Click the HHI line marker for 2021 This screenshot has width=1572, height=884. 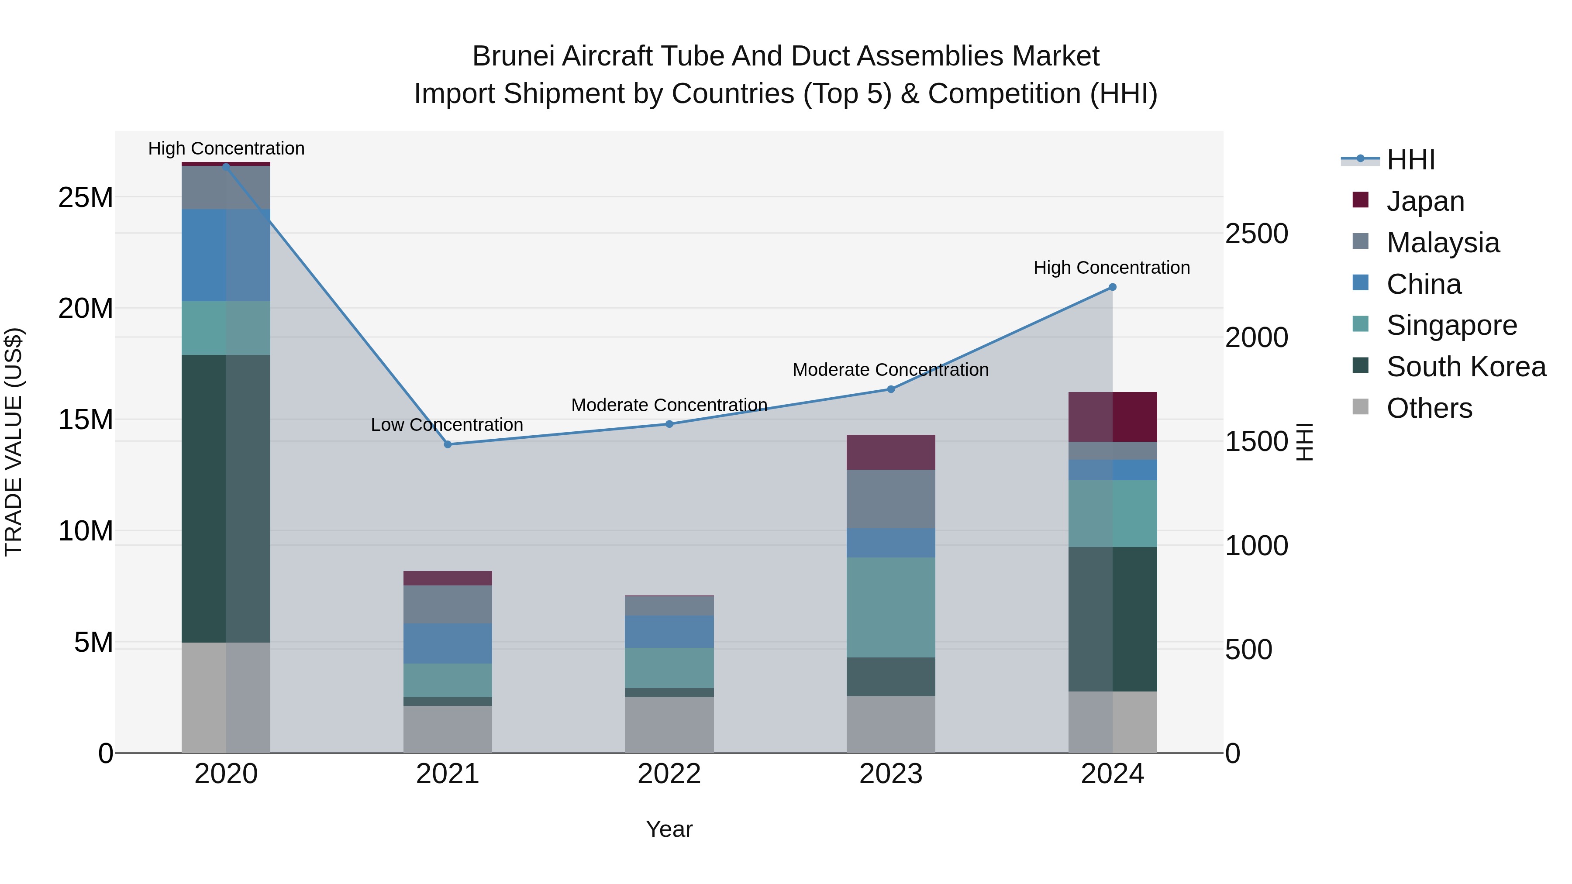point(447,444)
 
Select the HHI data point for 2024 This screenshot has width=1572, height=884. point(1112,287)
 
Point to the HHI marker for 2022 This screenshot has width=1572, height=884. point(669,424)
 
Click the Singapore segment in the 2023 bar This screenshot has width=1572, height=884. point(890,607)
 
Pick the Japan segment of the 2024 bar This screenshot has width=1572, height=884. point(1112,417)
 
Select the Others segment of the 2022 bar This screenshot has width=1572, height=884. point(669,725)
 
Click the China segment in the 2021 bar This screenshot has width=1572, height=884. point(447,643)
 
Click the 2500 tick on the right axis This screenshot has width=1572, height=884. point(1256,234)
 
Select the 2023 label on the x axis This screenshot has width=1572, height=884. point(890,774)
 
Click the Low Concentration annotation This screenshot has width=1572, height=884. point(447,425)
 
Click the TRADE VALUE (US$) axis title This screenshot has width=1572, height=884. point(14,442)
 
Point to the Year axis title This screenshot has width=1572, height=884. point(669,829)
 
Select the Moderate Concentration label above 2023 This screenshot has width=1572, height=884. point(890,370)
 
